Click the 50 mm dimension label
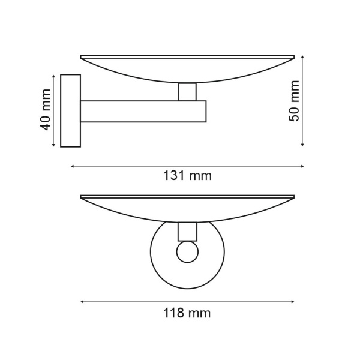[294, 101]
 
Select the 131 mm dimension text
[188, 176]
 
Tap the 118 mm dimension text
[188, 313]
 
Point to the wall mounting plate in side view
[71, 110]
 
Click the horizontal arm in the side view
[143, 111]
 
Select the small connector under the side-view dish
[187, 92]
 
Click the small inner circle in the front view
[187, 252]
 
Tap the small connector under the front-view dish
[187, 231]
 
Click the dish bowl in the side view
[187, 69]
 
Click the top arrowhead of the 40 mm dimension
[55, 76]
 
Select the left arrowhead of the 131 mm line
[73, 166]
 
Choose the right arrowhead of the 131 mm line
[302, 166]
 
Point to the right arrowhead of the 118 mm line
[293, 302]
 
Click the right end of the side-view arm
[205, 111]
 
